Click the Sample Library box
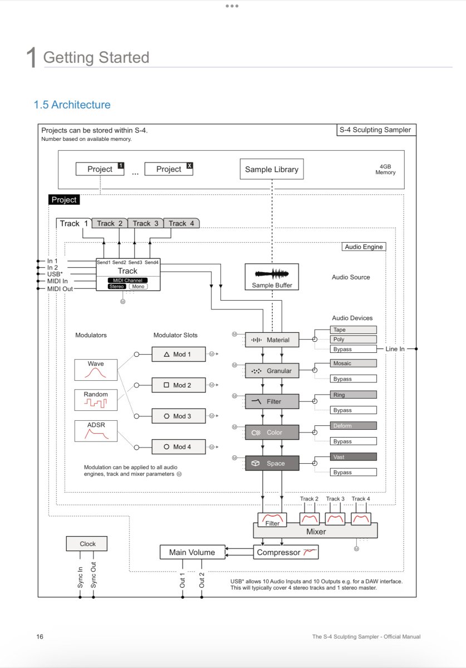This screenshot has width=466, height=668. point(272,169)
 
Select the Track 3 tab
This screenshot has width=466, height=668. point(145,223)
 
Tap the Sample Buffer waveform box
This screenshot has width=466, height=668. point(272,277)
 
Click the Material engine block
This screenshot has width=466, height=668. point(272,340)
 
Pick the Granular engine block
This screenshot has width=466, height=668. point(272,371)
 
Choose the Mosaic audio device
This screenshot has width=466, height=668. point(353,363)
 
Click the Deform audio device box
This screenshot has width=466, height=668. point(353,425)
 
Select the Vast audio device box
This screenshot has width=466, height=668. point(353,456)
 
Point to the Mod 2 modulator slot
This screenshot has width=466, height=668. point(179,385)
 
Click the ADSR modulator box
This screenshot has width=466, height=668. point(96,431)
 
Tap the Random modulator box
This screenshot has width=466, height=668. point(96,400)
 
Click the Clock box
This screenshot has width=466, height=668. point(86,544)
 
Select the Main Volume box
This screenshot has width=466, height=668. point(192,552)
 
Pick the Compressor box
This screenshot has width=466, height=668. point(286,552)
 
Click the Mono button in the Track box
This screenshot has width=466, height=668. point(138,286)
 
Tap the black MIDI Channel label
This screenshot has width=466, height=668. point(127,281)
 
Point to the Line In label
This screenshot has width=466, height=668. point(395,349)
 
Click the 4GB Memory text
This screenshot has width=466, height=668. point(385,169)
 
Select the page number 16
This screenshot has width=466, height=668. point(40,637)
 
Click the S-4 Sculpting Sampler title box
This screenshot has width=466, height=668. point(376,130)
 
